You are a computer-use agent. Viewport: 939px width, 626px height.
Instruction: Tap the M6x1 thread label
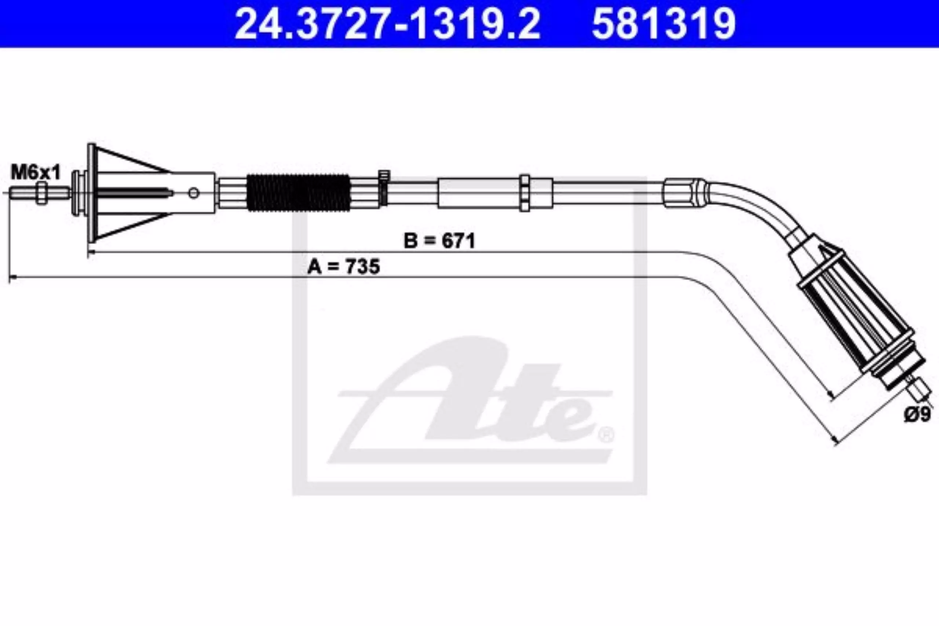pos(36,173)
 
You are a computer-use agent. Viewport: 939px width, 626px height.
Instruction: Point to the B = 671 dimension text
pos(439,242)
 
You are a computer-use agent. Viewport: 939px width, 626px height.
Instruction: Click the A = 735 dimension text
pos(343,266)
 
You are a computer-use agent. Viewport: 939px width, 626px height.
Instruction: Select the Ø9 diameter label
pos(917,414)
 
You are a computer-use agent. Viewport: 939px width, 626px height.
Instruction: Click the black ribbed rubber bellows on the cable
pos(299,193)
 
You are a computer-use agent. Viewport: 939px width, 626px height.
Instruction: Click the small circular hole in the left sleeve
pos(194,193)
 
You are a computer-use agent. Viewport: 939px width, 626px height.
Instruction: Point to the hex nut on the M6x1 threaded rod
pos(41,193)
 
